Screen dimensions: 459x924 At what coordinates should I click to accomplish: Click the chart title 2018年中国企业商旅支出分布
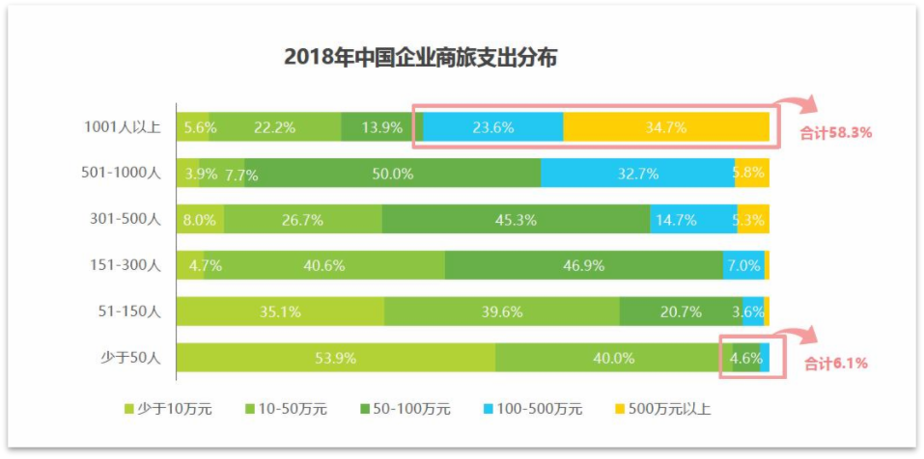point(420,57)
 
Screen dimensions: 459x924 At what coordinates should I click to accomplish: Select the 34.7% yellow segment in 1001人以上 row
point(666,127)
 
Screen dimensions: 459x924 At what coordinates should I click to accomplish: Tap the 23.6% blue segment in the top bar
point(493,127)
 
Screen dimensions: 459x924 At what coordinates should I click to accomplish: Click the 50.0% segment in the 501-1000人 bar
point(392,174)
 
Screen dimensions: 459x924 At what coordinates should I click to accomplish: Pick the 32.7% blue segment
point(637,174)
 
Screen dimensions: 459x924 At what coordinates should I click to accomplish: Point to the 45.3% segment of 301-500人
point(516,220)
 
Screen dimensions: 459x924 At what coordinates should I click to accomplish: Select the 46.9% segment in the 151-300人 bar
point(583,265)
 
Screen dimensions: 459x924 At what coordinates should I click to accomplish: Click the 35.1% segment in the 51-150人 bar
point(280,311)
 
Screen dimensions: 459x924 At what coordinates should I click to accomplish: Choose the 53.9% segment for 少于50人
point(335,358)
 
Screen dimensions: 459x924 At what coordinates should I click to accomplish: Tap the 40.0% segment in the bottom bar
point(613,358)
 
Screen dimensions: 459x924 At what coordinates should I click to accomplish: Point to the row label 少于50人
point(130,358)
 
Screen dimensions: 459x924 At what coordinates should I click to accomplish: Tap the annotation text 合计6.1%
point(835,364)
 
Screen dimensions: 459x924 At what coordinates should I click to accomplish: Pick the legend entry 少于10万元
point(175,409)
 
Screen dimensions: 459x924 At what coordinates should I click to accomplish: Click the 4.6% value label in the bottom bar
point(746,358)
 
